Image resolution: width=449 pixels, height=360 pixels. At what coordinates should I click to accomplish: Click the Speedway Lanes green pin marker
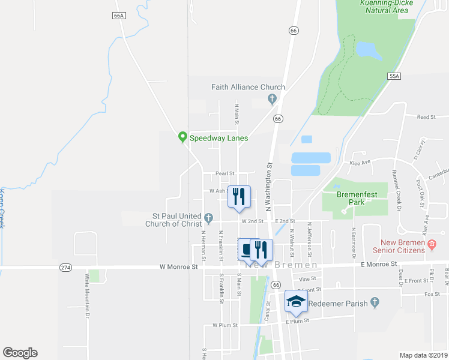pos(182,137)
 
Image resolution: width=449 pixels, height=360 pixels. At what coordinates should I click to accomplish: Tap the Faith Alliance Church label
pos(248,87)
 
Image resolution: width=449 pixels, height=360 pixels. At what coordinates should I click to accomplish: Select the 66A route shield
pos(118,16)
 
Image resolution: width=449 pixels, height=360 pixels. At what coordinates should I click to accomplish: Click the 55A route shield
pos(394,76)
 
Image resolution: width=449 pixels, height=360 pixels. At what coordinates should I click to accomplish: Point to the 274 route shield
pos(67,266)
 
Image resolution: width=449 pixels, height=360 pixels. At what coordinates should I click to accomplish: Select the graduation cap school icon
pos(296,301)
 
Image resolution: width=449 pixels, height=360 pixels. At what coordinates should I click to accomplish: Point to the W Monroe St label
pos(179,266)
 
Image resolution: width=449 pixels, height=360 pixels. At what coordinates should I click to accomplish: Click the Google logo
pos(20,353)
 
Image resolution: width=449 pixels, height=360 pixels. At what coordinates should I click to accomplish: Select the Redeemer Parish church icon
pos(375,302)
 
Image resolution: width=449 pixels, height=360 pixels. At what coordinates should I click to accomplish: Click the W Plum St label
pos(226,326)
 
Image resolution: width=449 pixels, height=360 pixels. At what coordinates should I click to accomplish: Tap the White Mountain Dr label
pos(88,296)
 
